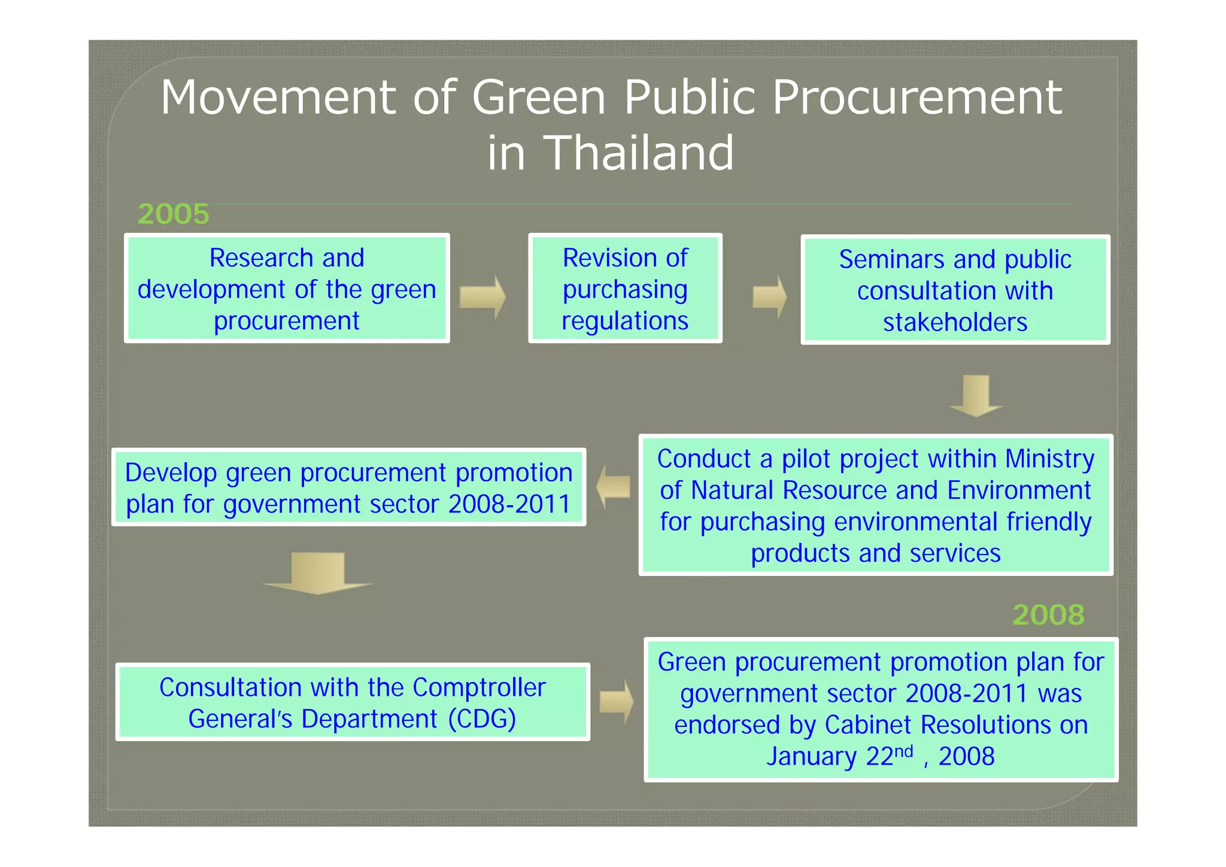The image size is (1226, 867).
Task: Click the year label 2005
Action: [x=173, y=214]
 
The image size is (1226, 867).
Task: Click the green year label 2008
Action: [x=1048, y=615]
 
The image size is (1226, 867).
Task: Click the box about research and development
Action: [x=287, y=289]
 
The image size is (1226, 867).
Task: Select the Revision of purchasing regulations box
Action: [x=625, y=289]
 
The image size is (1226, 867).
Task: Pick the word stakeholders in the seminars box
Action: [x=955, y=322]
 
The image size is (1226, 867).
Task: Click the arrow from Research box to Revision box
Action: [x=482, y=297]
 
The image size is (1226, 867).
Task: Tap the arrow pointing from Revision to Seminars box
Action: [x=769, y=297]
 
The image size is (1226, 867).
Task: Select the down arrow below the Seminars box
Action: [x=976, y=395]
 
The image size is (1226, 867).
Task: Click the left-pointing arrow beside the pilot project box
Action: [x=614, y=486]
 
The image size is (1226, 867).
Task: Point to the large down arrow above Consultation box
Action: [x=318, y=574]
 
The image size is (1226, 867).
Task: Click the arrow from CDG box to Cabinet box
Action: [x=617, y=701]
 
